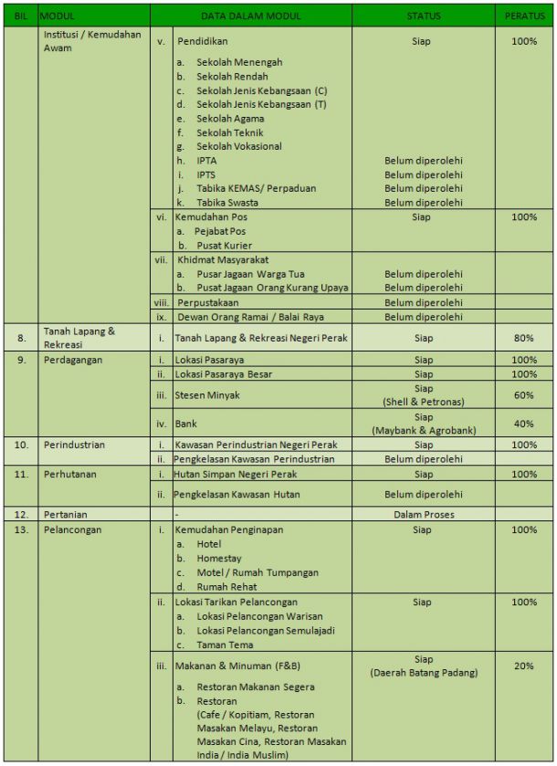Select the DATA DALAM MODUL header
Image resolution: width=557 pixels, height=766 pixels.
click(251, 16)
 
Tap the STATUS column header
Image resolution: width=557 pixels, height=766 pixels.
click(423, 16)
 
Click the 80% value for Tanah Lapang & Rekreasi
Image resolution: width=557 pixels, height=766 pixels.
click(523, 338)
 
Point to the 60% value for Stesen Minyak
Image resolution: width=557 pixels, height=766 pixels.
click(523, 395)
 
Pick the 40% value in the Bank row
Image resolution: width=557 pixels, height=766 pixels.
click(523, 424)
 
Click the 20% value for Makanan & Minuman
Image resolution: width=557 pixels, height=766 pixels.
click(523, 666)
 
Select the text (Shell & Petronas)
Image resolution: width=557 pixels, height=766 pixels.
click(423, 402)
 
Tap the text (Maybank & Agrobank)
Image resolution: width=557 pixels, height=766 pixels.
click(423, 430)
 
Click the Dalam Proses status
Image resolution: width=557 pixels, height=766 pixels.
click(423, 514)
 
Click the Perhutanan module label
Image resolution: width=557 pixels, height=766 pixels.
click(71, 475)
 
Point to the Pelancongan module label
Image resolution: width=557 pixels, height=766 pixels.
click(72, 530)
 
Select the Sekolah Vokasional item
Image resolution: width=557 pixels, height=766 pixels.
click(238, 146)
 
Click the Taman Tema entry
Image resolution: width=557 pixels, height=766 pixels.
click(225, 645)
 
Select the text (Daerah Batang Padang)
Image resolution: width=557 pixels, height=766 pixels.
click(423, 673)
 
